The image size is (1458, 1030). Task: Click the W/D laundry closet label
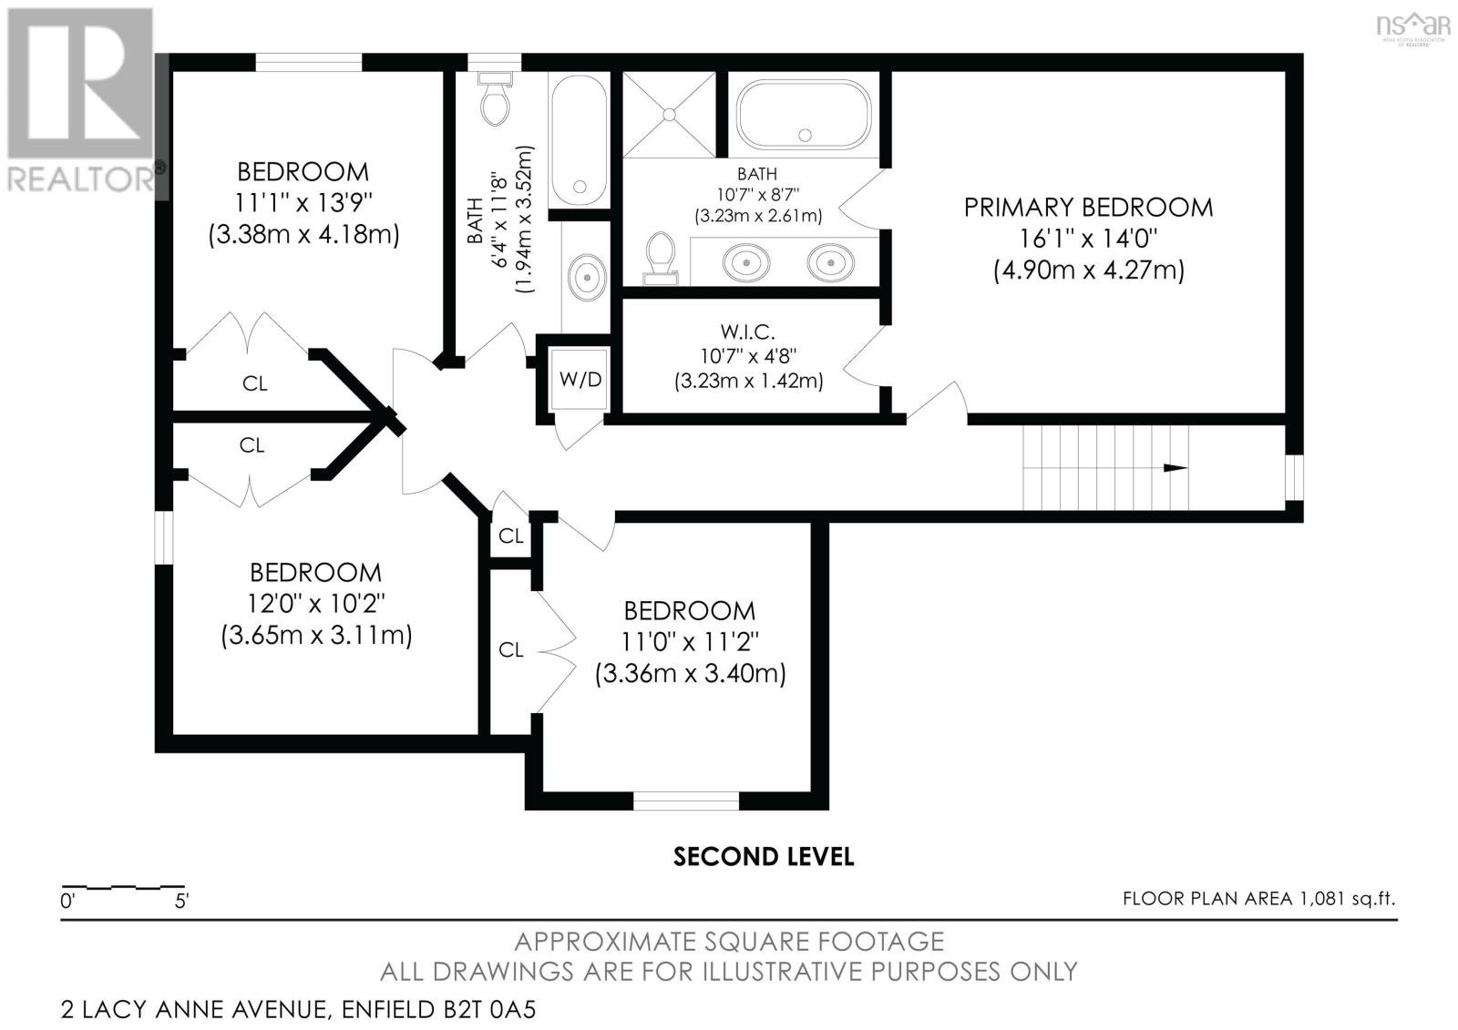coord(580,380)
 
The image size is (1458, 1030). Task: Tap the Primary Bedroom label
coord(1088,208)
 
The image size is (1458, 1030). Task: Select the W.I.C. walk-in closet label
coord(748,331)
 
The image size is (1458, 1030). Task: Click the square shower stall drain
coord(669,115)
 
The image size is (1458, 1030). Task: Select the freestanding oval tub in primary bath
coord(804,115)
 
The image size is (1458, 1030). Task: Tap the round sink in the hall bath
coord(587,277)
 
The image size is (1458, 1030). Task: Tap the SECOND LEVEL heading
coord(764,857)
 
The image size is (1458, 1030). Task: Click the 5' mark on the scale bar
coord(181,902)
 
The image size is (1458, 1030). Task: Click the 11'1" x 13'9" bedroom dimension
coord(303,203)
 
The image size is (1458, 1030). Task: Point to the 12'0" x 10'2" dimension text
coord(316,604)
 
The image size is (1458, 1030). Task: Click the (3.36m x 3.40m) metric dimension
coord(691,673)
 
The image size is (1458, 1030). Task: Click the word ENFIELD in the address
coord(388,1009)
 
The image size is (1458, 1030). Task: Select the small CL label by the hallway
coord(511,536)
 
